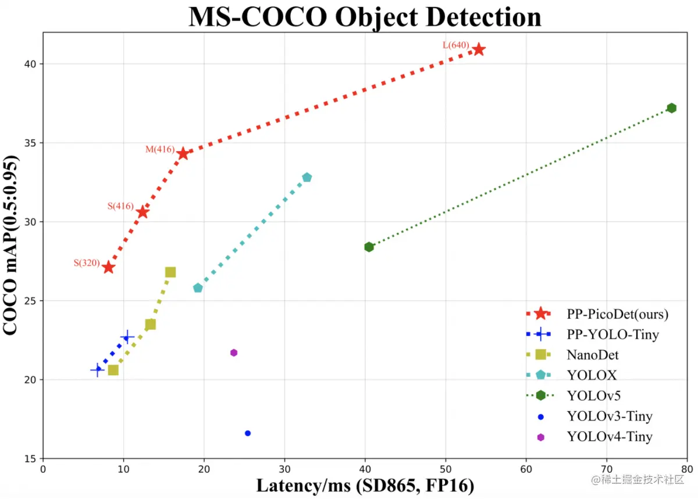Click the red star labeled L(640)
tap(479, 49)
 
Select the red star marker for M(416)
tap(183, 154)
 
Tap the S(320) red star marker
tap(108, 267)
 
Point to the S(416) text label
tap(120, 206)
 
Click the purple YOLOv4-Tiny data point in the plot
tap(234, 352)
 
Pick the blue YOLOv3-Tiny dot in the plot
tap(248, 433)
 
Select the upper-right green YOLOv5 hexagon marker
tap(671, 108)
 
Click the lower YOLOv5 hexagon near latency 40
tap(369, 247)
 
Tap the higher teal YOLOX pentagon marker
tap(307, 177)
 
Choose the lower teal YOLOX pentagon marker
tap(198, 288)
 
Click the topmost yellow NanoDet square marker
tap(170, 272)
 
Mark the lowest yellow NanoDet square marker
tap(113, 370)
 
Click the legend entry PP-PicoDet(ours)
tap(617, 314)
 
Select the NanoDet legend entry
tap(592, 354)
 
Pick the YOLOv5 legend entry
tap(593, 395)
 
